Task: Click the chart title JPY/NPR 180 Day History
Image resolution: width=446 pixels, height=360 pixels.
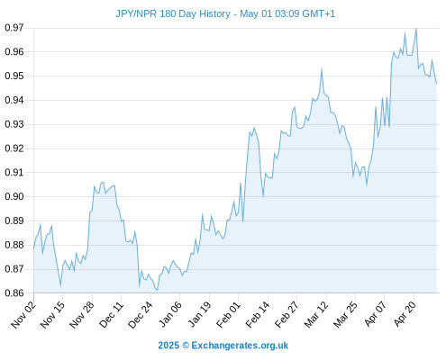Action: click(x=173, y=13)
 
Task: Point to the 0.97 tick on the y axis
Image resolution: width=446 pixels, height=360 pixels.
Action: click(x=14, y=28)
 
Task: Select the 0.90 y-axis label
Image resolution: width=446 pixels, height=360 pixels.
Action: click(x=14, y=196)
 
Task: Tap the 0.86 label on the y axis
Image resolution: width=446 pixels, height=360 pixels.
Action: click(x=14, y=293)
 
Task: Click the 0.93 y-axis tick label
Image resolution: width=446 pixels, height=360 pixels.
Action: click(x=14, y=124)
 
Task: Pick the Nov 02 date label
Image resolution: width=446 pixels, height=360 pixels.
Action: click(x=23, y=314)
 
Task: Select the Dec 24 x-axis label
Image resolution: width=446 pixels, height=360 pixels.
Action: click(x=141, y=314)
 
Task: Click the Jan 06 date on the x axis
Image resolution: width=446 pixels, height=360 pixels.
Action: click(x=170, y=314)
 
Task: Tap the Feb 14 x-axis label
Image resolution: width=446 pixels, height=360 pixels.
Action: click(x=258, y=314)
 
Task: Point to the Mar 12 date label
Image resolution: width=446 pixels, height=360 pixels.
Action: click(x=316, y=314)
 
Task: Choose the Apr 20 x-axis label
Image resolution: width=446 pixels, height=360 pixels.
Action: click(x=405, y=314)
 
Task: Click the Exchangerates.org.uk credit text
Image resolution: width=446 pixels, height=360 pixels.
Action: click(x=240, y=346)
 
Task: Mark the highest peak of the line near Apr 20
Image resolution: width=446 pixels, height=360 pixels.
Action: click(x=416, y=29)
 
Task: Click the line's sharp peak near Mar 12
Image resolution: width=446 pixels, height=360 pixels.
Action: click(x=322, y=69)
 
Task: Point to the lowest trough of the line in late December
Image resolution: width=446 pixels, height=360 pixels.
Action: click(x=158, y=290)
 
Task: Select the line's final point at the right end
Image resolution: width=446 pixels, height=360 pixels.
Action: click(x=436, y=84)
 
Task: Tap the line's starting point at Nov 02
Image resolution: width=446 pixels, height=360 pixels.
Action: click(x=33, y=248)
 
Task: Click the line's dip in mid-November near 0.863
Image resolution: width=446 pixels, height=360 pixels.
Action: click(x=60, y=286)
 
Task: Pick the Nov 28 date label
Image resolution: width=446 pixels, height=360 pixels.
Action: click(x=82, y=314)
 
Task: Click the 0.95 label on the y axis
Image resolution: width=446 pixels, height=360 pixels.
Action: click(x=14, y=76)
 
